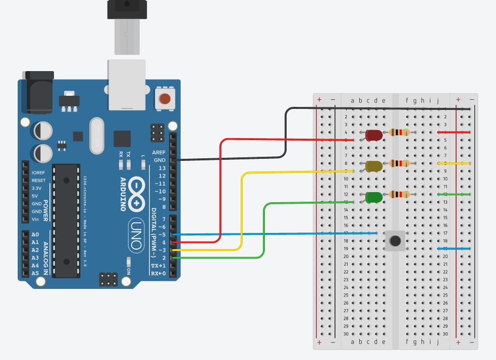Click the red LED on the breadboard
click(373, 135)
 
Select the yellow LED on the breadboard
click(374, 166)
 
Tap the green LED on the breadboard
click(374, 197)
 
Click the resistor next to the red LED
click(399, 133)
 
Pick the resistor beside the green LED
click(400, 194)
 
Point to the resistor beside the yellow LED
click(400, 163)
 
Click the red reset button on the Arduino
click(164, 98)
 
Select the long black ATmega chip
click(66, 220)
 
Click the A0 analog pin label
click(35, 234)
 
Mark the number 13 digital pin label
click(161, 168)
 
